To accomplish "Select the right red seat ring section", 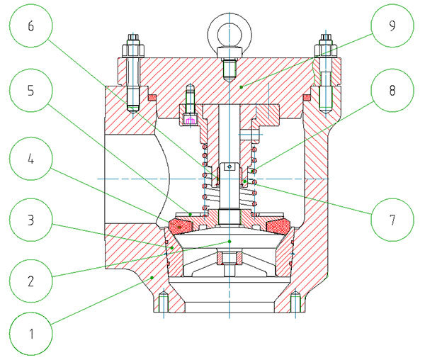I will click(277, 226).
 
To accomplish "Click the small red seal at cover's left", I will click(152, 96).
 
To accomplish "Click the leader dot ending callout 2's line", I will click(229, 242).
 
